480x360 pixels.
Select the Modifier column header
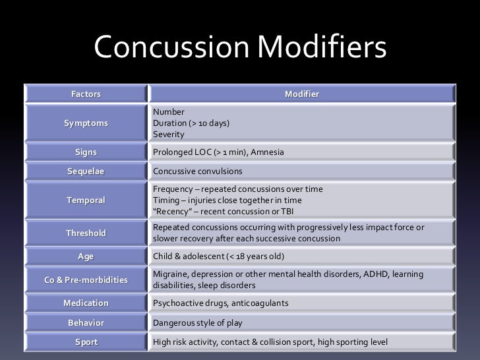pos(301,94)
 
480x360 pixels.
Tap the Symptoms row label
pos(86,123)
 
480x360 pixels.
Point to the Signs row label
pos(86,152)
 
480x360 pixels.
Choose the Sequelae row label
pos(86,171)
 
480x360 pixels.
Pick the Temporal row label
pos(86,200)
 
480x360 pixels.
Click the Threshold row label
pos(86,233)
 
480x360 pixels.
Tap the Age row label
pos(86,256)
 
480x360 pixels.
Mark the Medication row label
pos(86,303)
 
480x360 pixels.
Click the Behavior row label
pos(86,323)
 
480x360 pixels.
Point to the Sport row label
pos(86,342)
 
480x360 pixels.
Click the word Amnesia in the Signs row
pos(269,152)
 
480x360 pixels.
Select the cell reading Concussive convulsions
pos(197,171)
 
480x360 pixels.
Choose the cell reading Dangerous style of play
pos(195,323)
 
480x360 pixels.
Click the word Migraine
pos(169,274)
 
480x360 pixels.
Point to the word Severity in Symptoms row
pos(168,134)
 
